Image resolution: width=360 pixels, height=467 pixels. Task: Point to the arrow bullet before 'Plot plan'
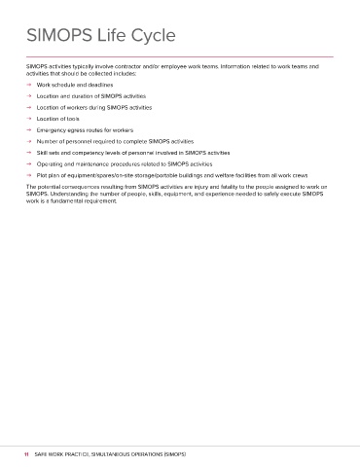(x=30, y=175)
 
